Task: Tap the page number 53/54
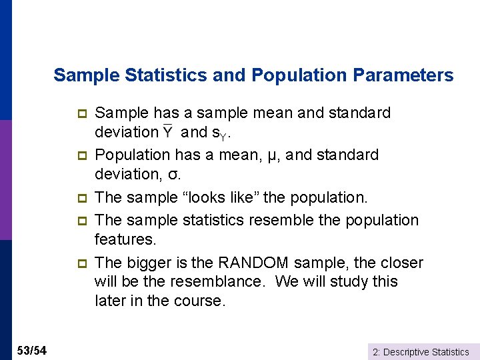click(32, 351)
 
